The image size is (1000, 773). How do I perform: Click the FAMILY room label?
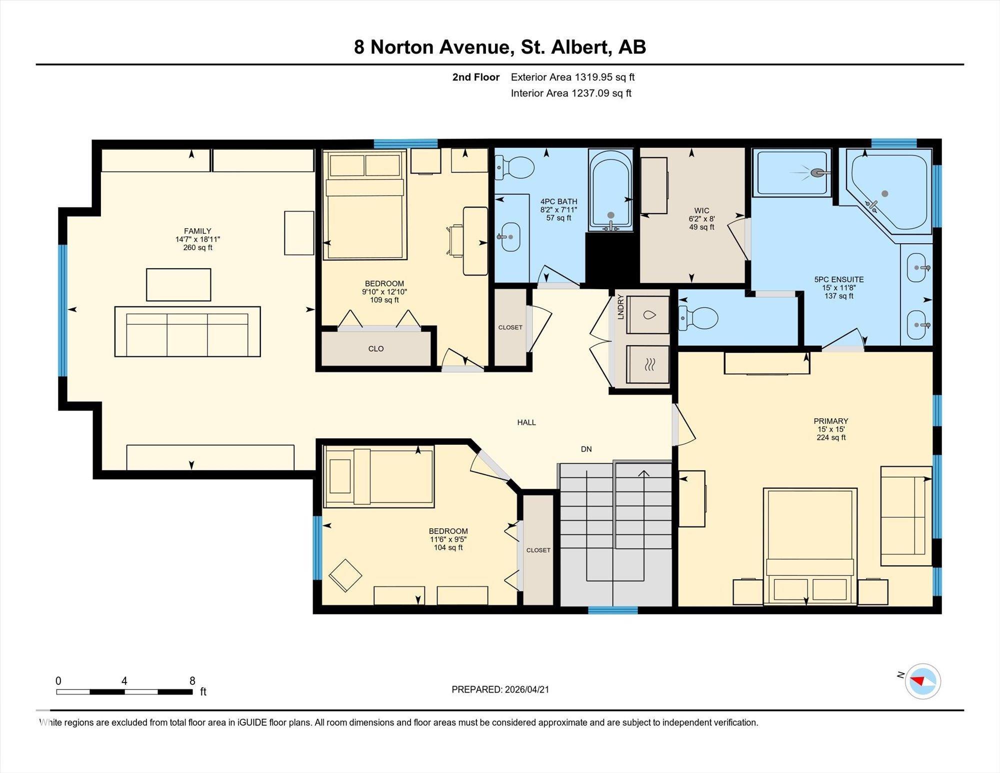(x=197, y=231)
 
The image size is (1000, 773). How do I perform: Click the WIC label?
(x=701, y=211)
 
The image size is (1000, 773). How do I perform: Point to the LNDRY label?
(x=621, y=307)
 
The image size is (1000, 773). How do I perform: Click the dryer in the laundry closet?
(x=647, y=365)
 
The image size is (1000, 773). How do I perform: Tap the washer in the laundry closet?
(x=647, y=315)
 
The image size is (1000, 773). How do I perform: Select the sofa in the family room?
(x=187, y=332)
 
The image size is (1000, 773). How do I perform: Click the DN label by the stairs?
(x=586, y=449)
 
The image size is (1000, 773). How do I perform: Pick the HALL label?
(x=526, y=423)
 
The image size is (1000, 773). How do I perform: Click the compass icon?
(x=922, y=681)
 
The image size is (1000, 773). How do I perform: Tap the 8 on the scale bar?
(x=192, y=680)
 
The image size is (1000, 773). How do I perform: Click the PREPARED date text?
(x=500, y=689)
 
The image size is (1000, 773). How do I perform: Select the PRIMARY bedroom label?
(x=831, y=421)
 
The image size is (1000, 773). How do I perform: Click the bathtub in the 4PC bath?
(x=610, y=190)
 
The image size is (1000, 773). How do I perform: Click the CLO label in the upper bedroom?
(x=376, y=349)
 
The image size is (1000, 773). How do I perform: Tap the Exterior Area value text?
(x=572, y=77)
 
